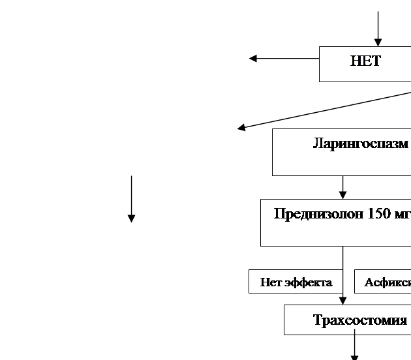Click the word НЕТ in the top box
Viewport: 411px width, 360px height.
[x=365, y=62]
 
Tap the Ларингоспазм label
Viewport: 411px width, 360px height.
[x=360, y=143]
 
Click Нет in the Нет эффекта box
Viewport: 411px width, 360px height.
[x=271, y=282]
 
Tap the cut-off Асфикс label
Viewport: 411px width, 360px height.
[x=388, y=282]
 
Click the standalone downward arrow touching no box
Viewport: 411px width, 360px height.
[x=131, y=196]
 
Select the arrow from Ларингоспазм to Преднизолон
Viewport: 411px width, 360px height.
[x=342, y=187]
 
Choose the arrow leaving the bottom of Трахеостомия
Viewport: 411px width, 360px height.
[x=354, y=346]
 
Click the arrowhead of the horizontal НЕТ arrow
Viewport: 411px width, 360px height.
[x=252, y=59]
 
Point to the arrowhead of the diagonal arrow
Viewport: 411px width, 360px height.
[x=241, y=128]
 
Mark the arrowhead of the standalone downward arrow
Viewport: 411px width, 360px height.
[x=131, y=218]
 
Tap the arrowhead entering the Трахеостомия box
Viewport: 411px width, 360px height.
[x=342, y=301]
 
